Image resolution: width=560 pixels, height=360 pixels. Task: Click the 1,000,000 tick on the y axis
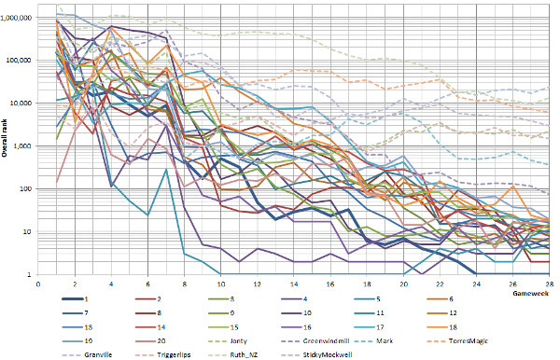click(x=20, y=18)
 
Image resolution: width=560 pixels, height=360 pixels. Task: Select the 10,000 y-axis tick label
click(x=23, y=103)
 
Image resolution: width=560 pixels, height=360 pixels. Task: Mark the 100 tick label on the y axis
click(x=28, y=188)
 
